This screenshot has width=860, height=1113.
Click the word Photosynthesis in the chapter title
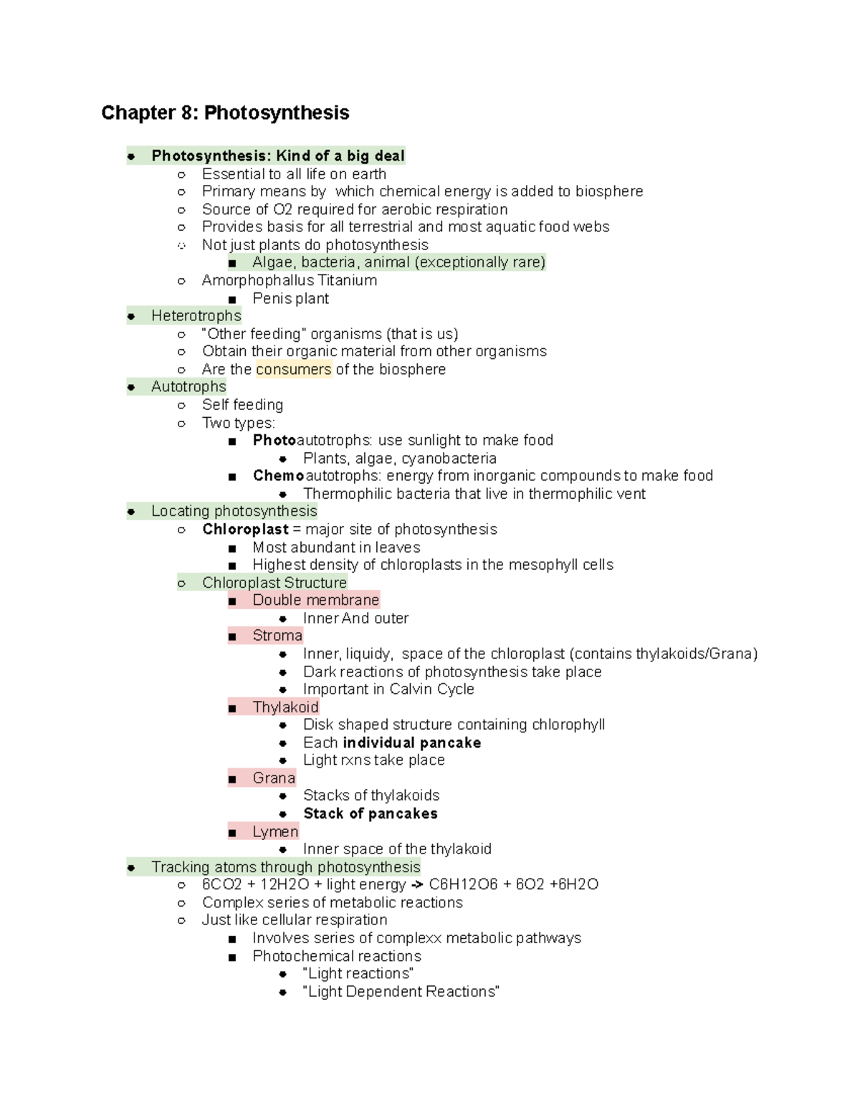(x=277, y=113)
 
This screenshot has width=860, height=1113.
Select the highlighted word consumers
(x=294, y=370)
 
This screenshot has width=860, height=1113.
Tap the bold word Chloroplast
(x=245, y=530)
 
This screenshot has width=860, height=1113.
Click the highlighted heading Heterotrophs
(x=196, y=316)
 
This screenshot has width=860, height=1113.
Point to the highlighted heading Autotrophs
(x=188, y=387)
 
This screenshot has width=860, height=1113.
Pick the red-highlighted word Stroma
(x=277, y=636)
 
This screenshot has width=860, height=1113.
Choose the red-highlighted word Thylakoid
(x=285, y=707)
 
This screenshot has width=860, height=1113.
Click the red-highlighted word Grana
(x=274, y=778)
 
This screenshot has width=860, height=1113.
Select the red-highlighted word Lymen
(x=275, y=832)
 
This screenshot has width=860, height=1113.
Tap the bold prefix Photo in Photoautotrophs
(x=274, y=440)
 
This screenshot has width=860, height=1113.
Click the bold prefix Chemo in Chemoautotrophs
(x=278, y=476)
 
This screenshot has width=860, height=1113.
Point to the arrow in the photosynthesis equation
(x=416, y=885)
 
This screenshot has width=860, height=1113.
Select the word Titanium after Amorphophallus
(x=348, y=280)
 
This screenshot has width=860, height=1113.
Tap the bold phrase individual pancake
(x=411, y=743)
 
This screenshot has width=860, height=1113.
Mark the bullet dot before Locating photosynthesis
(x=131, y=512)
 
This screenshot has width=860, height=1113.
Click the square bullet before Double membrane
(x=232, y=601)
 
